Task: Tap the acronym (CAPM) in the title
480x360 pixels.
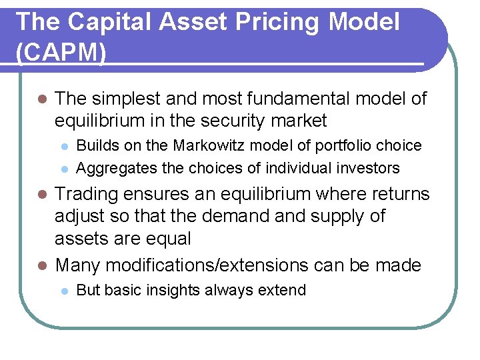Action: tap(60, 53)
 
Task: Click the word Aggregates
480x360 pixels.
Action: tap(111, 167)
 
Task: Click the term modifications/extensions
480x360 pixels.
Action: tap(205, 265)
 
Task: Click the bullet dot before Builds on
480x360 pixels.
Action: tap(63, 146)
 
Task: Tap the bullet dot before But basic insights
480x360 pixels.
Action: tap(63, 291)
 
